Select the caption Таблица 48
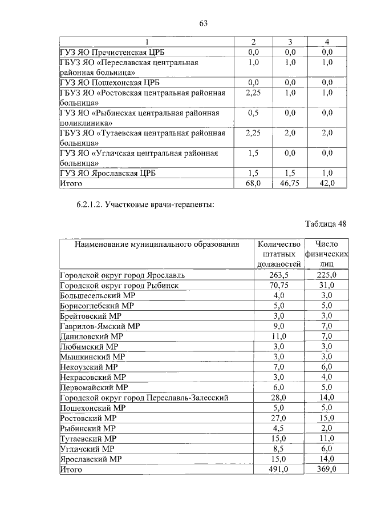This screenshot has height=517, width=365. tap(326, 223)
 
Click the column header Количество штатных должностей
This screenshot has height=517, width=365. tap(279, 254)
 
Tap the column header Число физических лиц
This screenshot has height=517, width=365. tap(327, 254)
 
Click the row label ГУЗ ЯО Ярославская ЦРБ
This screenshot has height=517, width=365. tap(108, 173)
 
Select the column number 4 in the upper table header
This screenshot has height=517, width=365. tap(327, 42)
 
